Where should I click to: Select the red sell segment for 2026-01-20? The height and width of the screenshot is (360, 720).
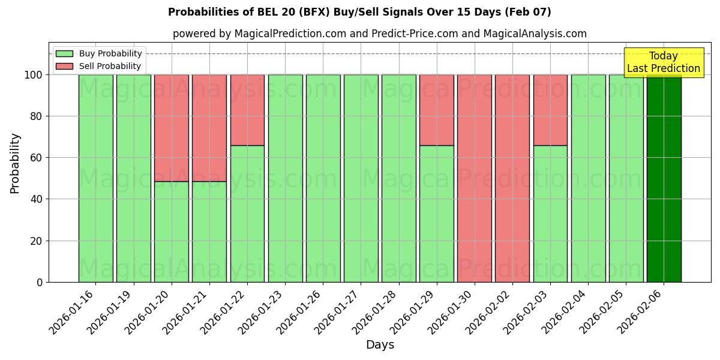coord(172,128)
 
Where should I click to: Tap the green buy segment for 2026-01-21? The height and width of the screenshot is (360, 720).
coord(209,232)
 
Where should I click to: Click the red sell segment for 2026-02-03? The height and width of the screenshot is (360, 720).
coord(550,110)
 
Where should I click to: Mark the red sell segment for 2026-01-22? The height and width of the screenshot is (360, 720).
coord(247,110)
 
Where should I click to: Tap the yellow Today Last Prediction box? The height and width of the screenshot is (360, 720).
coord(664,62)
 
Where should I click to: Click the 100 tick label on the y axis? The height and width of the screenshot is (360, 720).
coord(33,75)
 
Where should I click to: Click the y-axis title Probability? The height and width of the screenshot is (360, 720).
coord(15,163)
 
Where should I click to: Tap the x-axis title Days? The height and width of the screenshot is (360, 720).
coord(380,345)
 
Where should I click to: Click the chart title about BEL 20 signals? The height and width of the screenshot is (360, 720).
coord(359,12)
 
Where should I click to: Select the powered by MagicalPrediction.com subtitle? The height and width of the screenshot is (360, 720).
coord(380,34)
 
